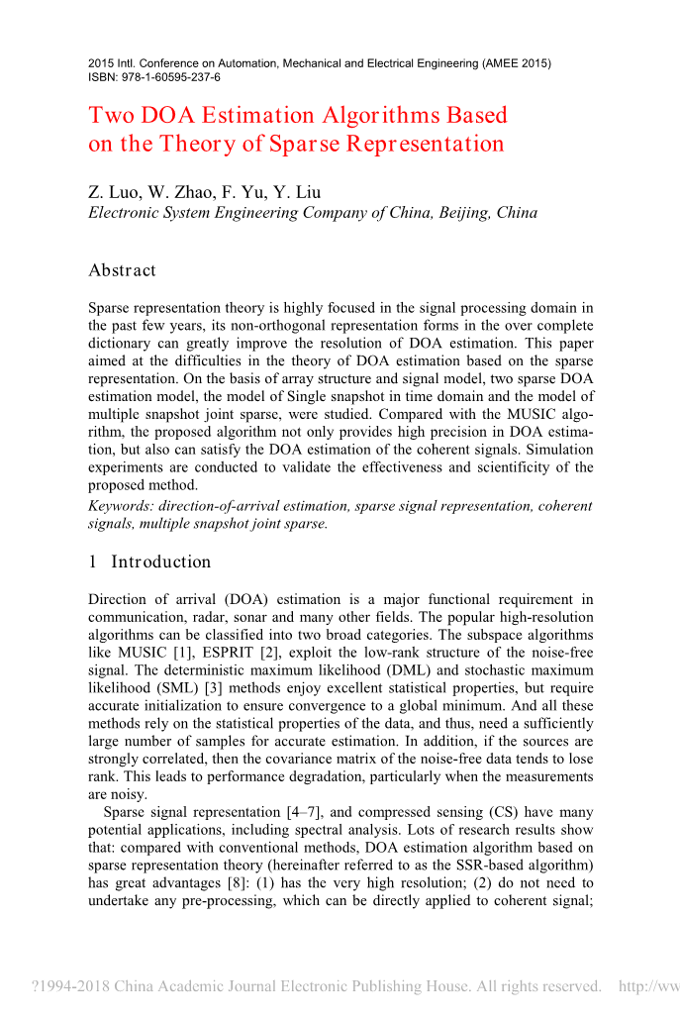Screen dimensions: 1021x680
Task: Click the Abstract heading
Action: coord(122,270)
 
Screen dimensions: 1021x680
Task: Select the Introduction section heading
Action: coord(160,562)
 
